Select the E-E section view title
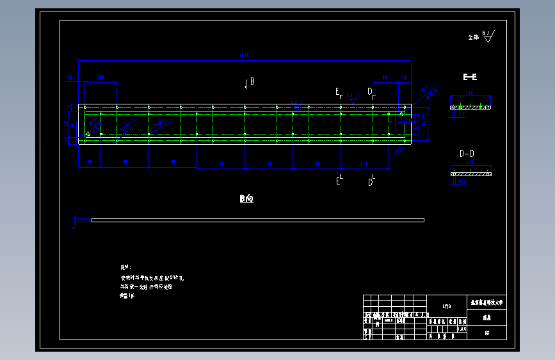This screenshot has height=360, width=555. [470, 77]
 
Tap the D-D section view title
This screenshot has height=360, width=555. [467, 154]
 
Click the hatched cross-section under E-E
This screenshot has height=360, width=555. [471, 106]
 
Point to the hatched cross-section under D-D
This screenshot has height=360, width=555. [471, 174]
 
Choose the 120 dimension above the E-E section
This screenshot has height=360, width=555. [470, 94]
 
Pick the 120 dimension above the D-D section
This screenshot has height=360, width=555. [471, 164]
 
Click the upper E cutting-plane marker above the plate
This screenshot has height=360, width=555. [339, 92]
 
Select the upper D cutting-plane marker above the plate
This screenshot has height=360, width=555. [371, 92]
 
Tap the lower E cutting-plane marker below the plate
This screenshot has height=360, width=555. [339, 181]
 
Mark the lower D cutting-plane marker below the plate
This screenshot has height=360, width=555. [371, 181]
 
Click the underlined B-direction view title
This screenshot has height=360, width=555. [246, 199]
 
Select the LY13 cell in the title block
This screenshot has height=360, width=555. [447, 306]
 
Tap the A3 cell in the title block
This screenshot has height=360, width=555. [487, 333]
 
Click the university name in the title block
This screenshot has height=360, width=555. [487, 301]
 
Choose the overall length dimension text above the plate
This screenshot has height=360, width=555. [245, 56]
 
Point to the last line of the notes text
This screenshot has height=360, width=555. [128, 296]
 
